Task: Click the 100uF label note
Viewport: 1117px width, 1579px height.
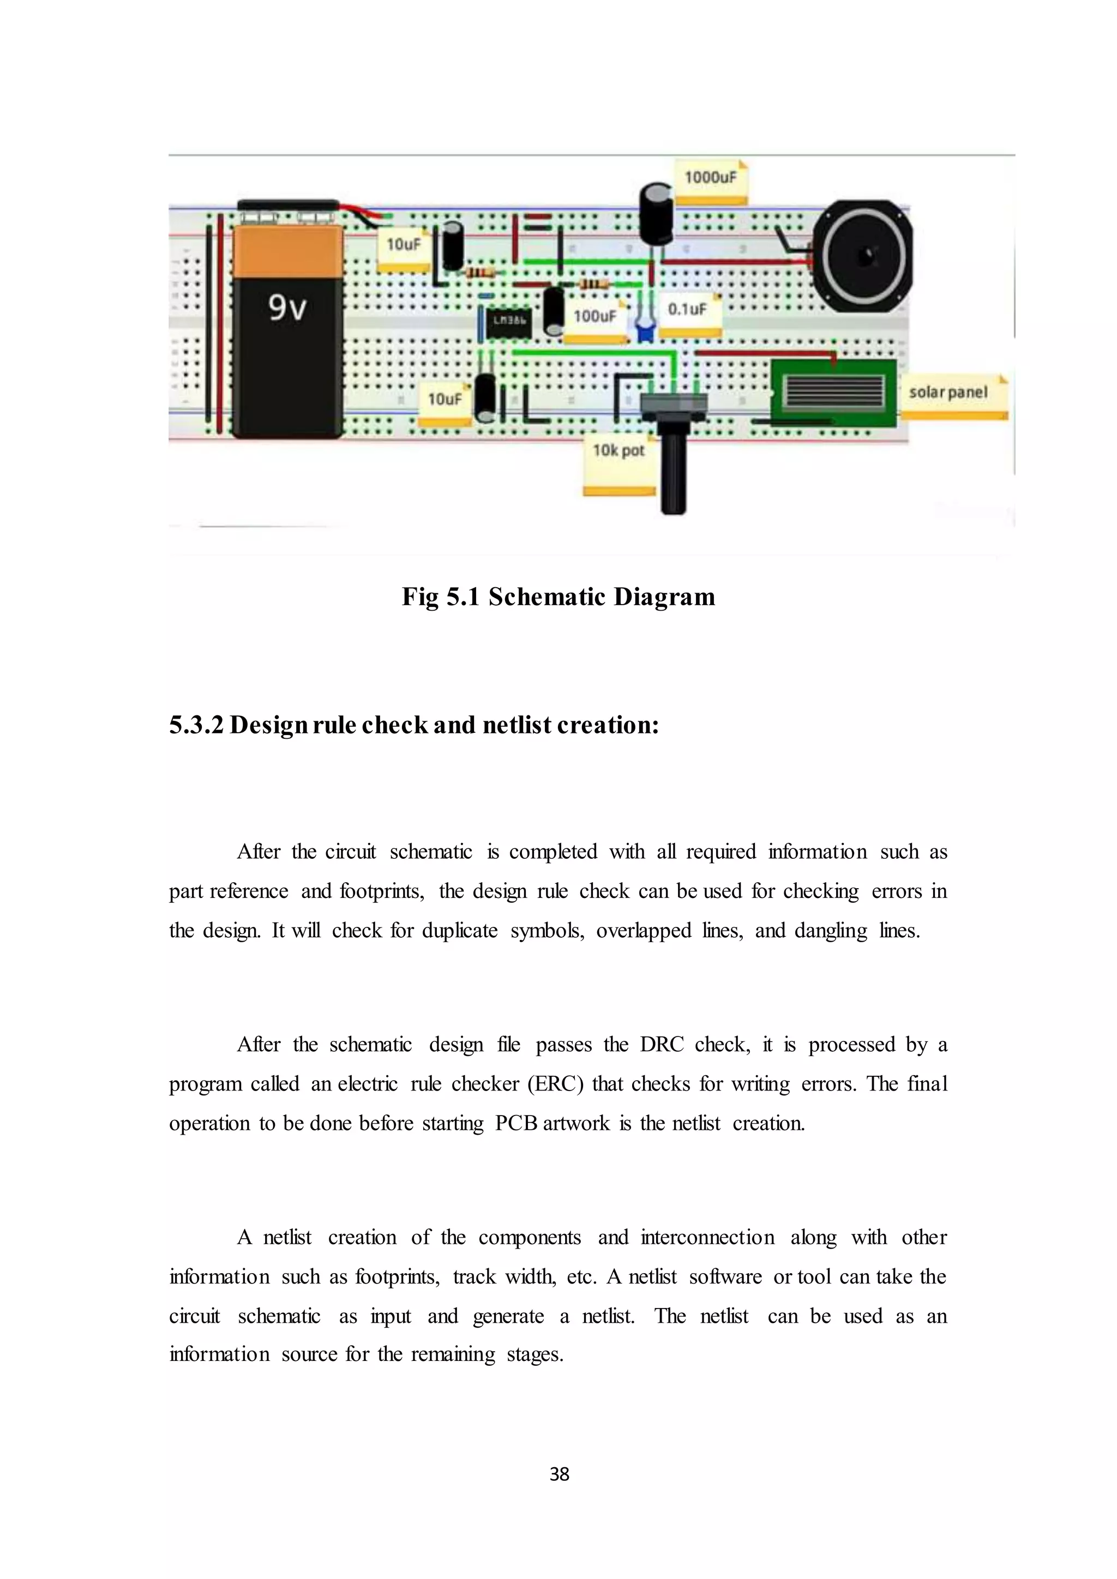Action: (596, 318)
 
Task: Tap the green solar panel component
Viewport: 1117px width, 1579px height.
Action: (833, 393)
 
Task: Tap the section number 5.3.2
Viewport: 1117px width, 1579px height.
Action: (196, 725)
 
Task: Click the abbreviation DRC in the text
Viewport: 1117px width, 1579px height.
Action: (661, 1045)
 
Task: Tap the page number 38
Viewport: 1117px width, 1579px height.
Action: (559, 1473)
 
